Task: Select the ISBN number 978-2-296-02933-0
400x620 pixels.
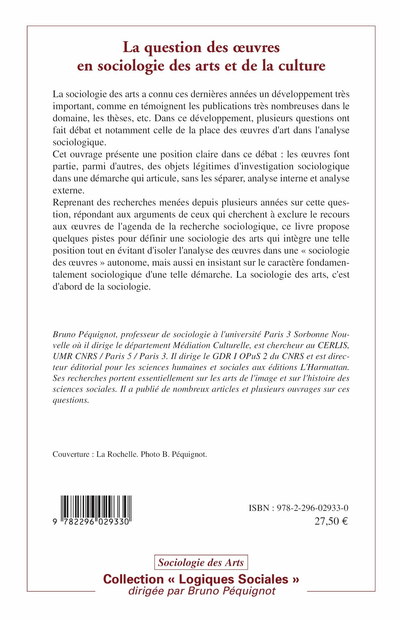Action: [313, 508]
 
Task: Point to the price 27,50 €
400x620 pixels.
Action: [331, 521]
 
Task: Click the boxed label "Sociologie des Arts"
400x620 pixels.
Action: [201, 563]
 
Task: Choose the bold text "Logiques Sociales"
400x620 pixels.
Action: [233, 579]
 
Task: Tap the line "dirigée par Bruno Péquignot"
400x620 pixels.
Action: [202, 591]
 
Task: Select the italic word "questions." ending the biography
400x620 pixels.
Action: [71, 400]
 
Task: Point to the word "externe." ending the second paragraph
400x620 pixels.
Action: [69, 190]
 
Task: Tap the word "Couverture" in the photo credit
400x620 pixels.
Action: [71, 454]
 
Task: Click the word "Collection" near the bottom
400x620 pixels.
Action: [133, 579]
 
